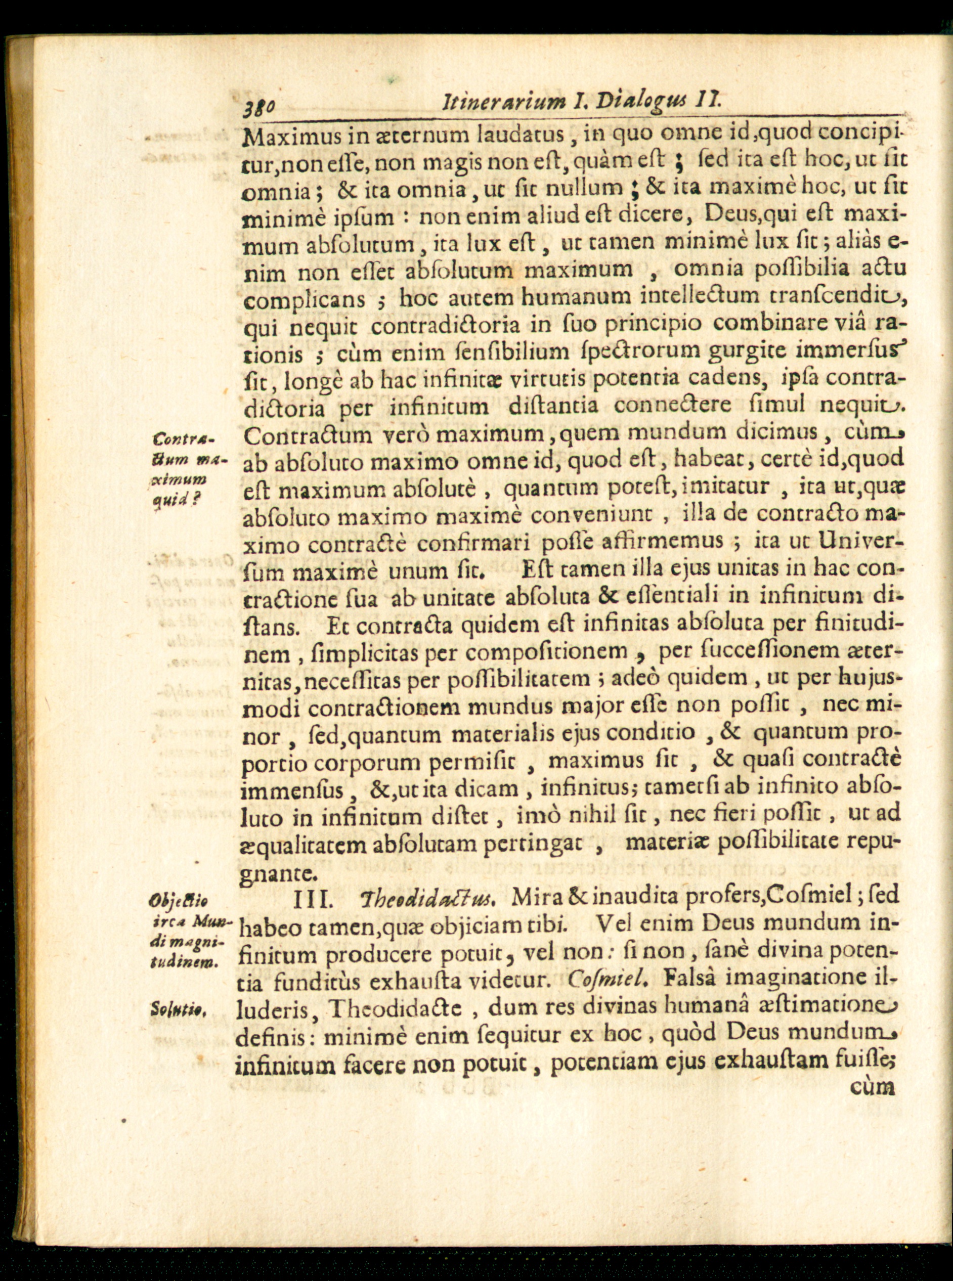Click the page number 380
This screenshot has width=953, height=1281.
pyautogui.click(x=261, y=106)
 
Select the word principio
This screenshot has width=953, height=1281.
pyautogui.click(x=641, y=325)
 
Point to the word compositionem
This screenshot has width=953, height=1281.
pyautogui.click(x=546, y=652)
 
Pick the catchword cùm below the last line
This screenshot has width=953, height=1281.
pyautogui.click(x=872, y=1088)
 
